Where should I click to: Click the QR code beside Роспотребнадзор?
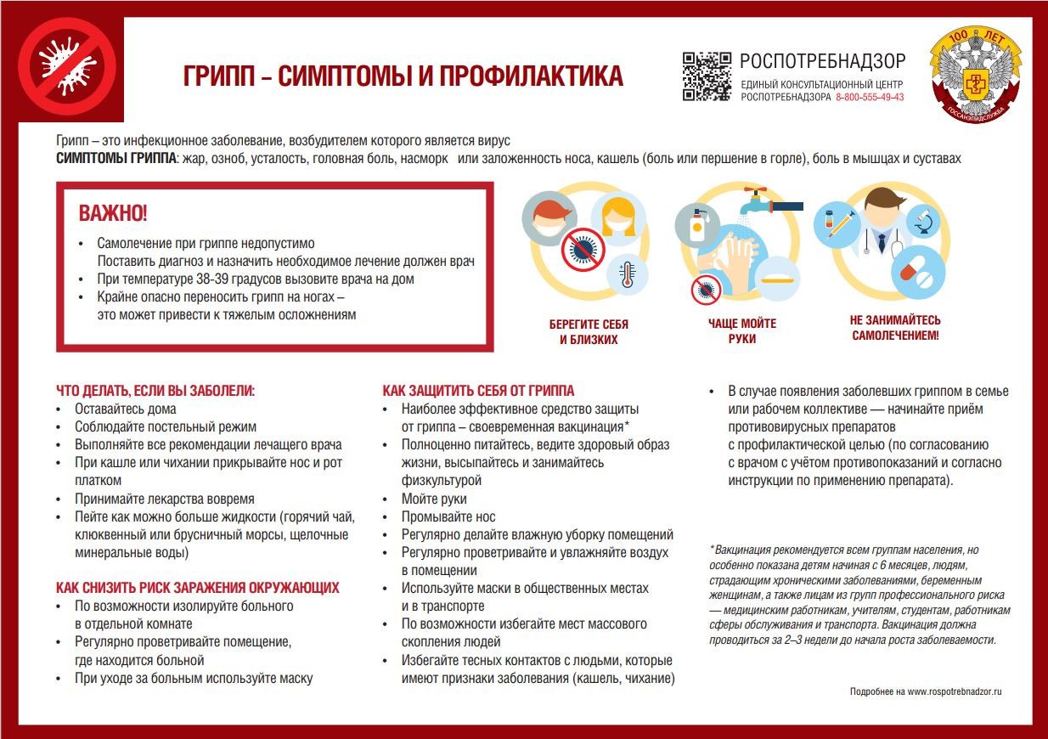tap(707, 76)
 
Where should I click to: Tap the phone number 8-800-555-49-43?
tap(870, 98)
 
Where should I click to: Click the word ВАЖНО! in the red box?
tap(113, 213)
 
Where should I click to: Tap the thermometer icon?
tap(628, 276)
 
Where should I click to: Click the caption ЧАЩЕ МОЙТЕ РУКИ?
tap(741, 330)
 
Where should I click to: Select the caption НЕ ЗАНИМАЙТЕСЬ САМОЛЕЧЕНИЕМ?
tap(895, 328)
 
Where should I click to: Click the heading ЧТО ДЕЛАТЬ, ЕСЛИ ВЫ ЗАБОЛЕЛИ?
tap(155, 391)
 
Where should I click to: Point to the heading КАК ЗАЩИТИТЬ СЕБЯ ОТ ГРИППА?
tap(478, 391)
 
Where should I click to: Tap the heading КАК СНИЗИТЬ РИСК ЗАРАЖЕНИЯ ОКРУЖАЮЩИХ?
tap(198, 588)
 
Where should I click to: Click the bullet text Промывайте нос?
tap(448, 516)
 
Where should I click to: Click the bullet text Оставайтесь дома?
tap(125, 409)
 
